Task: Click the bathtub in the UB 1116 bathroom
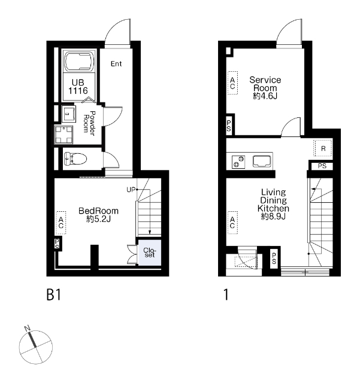pos(79,61)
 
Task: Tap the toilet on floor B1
pos(75,159)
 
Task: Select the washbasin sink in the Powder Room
pos(68,114)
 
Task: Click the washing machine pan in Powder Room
pos(63,134)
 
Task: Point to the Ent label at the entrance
pos(116,64)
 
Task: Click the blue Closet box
pos(150,253)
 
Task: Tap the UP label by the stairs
pos(131,190)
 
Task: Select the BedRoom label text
pos(98,211)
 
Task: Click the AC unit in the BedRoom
pos(61,223)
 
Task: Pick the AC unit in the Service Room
pos(232,83)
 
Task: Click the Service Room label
pos(265,84)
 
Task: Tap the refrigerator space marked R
pos(323,148)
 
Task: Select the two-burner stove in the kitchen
pos(238,162)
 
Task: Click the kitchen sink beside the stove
pos(262,161)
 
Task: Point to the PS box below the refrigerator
pos(322,166)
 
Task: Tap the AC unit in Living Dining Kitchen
pos(232,223)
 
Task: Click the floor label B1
pos(53,294)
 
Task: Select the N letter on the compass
pos(28,329)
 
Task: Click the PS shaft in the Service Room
pos(229,126)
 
